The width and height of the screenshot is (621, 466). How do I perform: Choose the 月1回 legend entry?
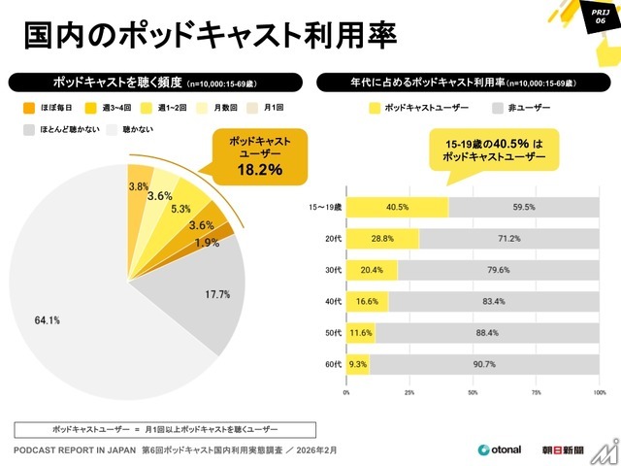point(269,109)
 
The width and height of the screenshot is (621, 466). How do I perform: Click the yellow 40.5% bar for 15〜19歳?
point(397,206)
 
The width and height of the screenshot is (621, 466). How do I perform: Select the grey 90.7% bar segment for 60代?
point(484,364)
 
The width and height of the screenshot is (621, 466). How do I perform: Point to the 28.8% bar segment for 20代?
point(382,238)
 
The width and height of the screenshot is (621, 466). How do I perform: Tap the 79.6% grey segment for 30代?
point(498,270)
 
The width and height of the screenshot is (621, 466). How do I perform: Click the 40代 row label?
point(334,302)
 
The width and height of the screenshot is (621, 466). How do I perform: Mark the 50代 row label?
point(334,333)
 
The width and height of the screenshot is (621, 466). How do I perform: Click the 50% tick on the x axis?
point(473,392)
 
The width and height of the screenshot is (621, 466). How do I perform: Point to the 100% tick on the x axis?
point(599,392)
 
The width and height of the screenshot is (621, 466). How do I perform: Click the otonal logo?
point(500,449)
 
